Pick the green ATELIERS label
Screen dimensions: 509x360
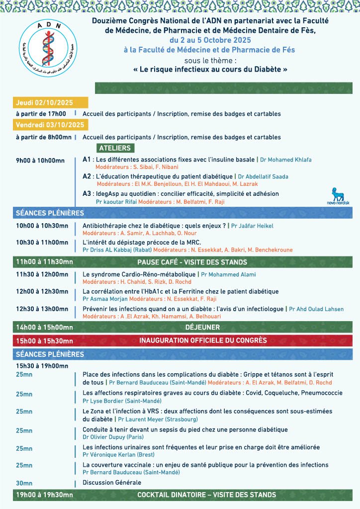click(x=115, y=148)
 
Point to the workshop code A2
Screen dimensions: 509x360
click(x=87, y=176)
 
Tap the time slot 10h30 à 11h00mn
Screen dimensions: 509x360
click(x=42, y=243)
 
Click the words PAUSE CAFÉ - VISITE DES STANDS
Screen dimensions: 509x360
click(x=192, y=262)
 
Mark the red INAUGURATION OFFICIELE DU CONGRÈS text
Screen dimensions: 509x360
click(x=203, y=341)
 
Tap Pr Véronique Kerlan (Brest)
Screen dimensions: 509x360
click(x=119, y=455)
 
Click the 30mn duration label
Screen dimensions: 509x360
click(x=24, y=483)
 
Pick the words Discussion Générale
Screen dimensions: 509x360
click(x=112, y=483)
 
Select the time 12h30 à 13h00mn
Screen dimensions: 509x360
click(x=42, y=309)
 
